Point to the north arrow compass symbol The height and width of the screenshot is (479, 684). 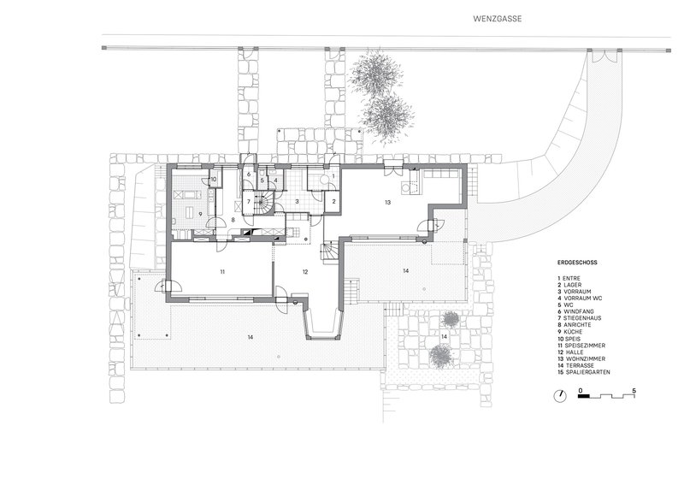click(x=559, y=395)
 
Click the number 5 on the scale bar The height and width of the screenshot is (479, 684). click(x=634, y=389)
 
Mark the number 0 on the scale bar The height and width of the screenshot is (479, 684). click(x=581, y=389)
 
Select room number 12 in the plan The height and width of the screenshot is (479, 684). click(x=304, y=271)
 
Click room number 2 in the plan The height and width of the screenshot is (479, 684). click(x=333, y=201)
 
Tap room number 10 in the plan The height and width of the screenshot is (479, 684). click(x=214, y=179)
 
